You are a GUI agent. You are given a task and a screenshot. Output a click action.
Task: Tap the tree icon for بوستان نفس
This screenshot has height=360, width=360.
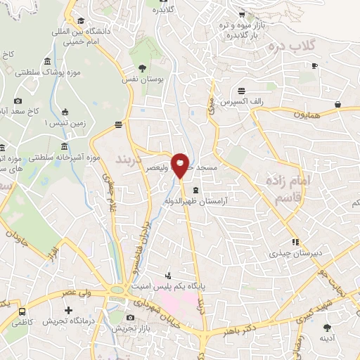coord(143,68)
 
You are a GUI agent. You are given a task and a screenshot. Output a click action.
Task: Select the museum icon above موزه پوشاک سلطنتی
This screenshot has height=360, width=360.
coord(47,60)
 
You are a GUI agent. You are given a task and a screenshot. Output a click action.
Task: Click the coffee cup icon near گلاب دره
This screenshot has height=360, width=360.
coord(314,65)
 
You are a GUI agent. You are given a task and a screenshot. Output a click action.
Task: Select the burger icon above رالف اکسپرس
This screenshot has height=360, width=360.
coord(242,90)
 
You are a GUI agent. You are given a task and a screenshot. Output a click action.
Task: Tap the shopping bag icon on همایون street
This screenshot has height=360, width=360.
coord(338,104)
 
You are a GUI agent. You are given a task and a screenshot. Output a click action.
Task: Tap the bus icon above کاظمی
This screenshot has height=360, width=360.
coord(23,310)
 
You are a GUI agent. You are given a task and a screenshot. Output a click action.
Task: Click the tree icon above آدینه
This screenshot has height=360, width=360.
coord(327,327)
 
